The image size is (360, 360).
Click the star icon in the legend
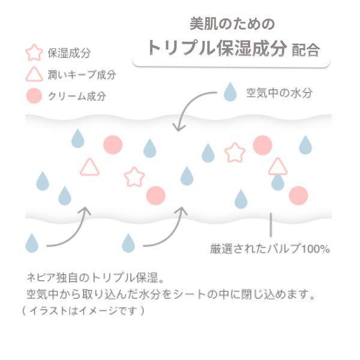[34, 53]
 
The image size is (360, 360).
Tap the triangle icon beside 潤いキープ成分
[34, 74]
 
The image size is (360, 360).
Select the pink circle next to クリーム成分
[34, 95]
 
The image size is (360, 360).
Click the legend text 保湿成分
[69, 53]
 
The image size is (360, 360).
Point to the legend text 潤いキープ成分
[82, 75]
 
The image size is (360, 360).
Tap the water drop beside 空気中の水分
[230, 92]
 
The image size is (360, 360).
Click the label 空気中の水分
[278, 93]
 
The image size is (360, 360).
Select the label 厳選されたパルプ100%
[269, 248]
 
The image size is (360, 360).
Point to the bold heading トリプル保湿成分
[217, 49]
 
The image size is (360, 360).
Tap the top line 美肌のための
[232, 24]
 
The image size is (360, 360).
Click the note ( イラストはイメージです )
[82, 311]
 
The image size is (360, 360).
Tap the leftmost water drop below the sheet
[32, 242]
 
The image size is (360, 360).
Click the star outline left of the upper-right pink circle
[235, 152]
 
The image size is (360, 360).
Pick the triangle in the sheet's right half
[277, 166]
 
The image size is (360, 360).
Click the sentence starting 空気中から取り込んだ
[170, 295]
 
